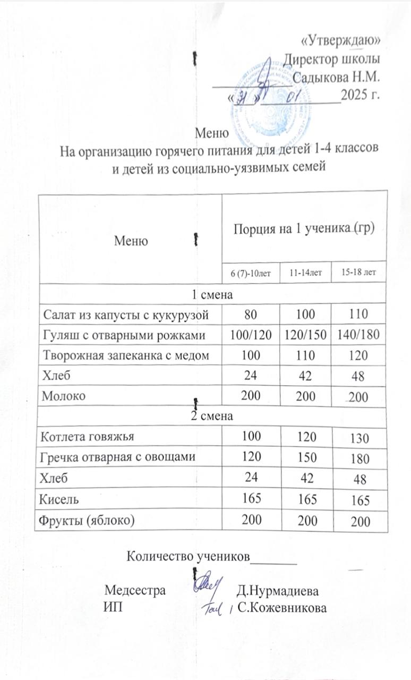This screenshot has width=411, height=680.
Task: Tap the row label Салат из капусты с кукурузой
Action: pyautogui.click(x=123, y=314)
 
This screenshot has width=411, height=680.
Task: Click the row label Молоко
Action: pyautogui.click(x=61, y=396)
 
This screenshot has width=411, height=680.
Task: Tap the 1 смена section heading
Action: pyautogui.click(x=213, y=293)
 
